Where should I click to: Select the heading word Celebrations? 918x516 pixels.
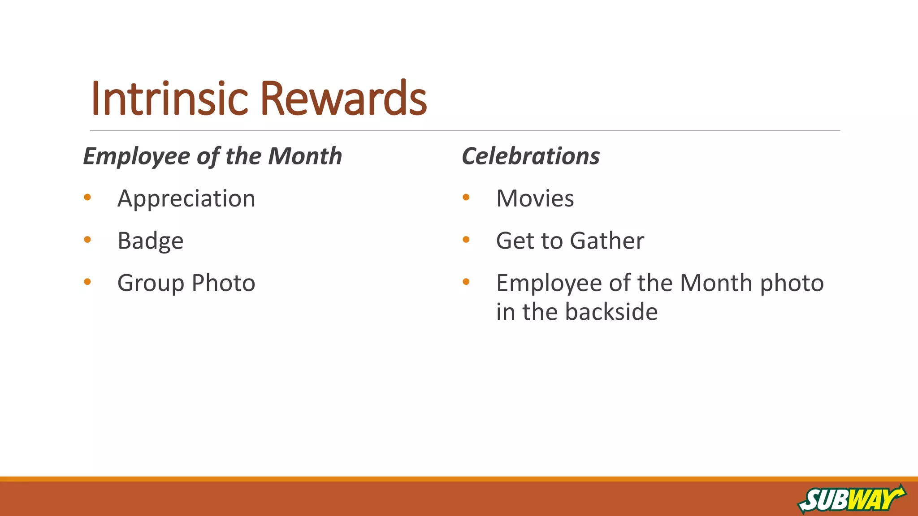point(531,156)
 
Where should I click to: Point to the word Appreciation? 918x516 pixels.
point(186,198)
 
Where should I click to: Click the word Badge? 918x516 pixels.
point(150,241)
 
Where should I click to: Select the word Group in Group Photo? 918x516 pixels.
point(151,284)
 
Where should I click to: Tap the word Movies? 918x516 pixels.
point(535,198)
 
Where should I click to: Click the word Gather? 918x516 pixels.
point(607,241)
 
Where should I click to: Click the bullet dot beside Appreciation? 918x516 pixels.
point(87,197)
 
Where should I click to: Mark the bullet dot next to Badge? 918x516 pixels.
point(87,240)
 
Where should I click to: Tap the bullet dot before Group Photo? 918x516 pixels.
point(87,282)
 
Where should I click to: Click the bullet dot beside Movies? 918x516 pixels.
point(466,197)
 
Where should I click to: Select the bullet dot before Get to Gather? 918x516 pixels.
point(466,240)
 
